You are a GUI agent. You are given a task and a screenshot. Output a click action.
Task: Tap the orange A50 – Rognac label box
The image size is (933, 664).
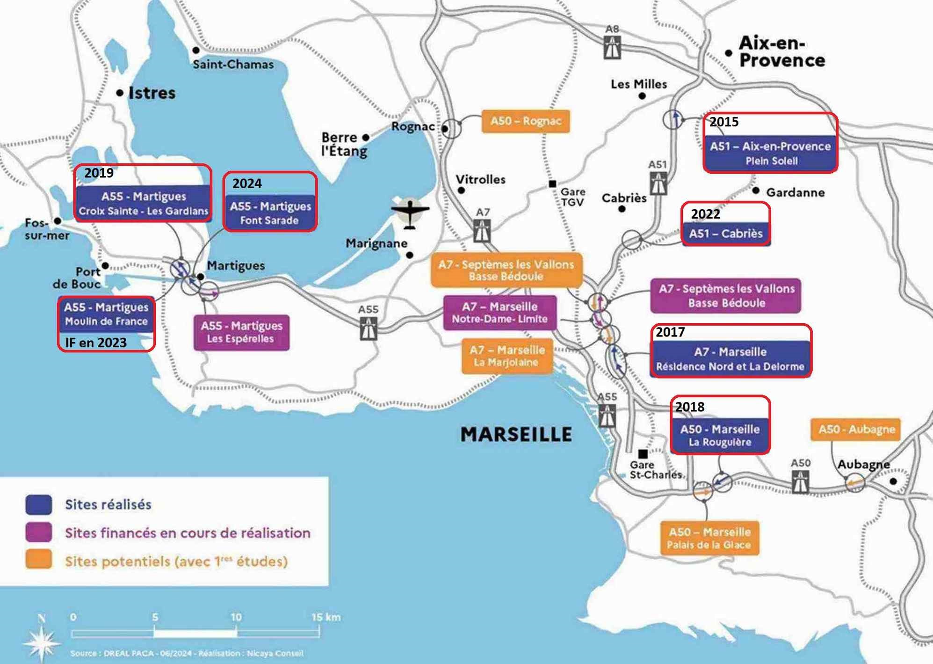click(526, 121)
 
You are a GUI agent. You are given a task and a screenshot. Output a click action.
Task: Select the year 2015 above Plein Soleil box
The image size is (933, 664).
click(724, 122)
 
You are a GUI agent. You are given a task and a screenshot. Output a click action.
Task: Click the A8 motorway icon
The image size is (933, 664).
click(612, 47)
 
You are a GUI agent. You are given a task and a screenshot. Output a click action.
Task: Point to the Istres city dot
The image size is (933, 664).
click(120, 93)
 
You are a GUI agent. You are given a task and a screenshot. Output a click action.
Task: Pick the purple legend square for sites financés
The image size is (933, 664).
click(39, 533)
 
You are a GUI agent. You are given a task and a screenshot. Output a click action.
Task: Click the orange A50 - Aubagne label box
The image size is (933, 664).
click(856, 429)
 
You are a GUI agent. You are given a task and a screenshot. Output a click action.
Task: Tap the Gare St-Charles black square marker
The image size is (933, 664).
click(643, 453)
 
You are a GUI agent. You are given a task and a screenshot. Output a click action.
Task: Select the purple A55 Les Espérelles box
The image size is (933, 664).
click(241, 332)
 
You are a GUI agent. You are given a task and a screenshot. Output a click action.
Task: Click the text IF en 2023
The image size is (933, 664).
click(96, 343)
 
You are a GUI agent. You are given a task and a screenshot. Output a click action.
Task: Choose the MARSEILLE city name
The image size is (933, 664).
click(516, 434)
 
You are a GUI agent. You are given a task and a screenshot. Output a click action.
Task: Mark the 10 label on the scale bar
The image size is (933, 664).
click(236, 617)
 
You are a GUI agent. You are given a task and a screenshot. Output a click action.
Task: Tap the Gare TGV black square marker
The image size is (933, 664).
click(552, 184)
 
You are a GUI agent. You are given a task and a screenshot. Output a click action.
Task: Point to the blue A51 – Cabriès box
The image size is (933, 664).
click(725, 233)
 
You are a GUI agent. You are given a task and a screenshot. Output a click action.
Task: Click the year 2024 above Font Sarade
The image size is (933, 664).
click(247, 183)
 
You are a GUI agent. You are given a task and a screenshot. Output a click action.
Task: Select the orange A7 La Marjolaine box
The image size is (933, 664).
click(507, 356)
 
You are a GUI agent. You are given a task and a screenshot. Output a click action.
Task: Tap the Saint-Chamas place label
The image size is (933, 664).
click(233, 65)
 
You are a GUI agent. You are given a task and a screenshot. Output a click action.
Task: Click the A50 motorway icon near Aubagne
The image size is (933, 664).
click(800, 482)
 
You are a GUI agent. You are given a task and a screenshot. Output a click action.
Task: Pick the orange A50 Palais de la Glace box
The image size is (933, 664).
click(709, 538)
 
